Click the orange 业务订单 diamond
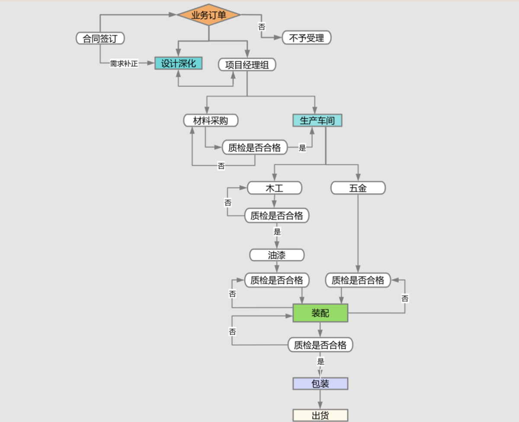[208, 15]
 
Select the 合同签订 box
[100, 38]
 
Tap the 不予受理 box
[307, 38]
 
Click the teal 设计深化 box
[179, 64]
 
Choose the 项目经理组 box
[247, 65]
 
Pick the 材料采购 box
[211, 121]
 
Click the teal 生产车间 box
[317, 121]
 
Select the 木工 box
[274, 188]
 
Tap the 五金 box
[358, 188]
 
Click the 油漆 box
[277, 255]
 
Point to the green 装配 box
[320, 313]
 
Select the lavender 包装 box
[320, 384]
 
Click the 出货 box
[320, 416]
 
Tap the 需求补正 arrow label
[124, 64]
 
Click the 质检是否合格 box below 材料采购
[254, 148]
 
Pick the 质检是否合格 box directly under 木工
[277, 215]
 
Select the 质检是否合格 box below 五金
[358, 280]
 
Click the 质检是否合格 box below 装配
[320, 345]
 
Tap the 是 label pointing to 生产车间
[302, 148]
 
